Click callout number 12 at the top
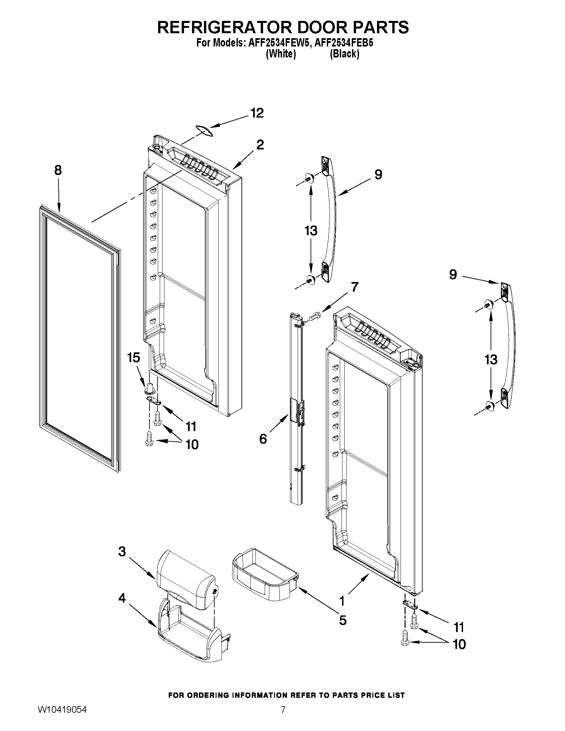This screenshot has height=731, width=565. pyautogui.click(x=257, y=113)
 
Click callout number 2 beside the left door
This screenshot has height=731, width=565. pyautogui.click(x=260, y=144)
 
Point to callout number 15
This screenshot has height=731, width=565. pyautogui.click(x=133, y=357)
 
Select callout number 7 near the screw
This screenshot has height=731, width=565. pyautogui.click(x=354, y=287)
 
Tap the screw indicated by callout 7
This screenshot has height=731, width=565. pyautogui.click(x=315, y=315)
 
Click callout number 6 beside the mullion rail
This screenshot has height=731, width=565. pyautogui.click(x=263, y=438)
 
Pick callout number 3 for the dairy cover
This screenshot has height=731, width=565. pyautogui.click(x=122, y=551)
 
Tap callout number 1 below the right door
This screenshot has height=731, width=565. pyautogui.click(x=342, y=601)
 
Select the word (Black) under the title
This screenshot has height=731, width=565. pyautogui.click(x=344, y=54)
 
